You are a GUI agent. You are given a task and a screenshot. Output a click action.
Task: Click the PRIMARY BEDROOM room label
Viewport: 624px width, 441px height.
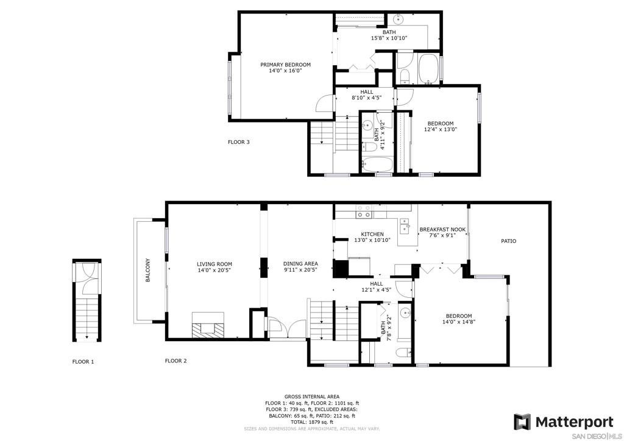285,65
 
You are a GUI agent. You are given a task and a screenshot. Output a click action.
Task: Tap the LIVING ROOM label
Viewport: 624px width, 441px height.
214,264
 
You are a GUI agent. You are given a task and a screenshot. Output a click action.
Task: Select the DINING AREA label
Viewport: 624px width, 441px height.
300,264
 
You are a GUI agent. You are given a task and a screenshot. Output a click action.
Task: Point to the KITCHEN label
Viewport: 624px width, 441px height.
372,235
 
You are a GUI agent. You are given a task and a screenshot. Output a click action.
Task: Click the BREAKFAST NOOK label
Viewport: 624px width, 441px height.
442,230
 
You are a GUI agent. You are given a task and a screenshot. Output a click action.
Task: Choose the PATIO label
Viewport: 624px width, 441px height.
509,241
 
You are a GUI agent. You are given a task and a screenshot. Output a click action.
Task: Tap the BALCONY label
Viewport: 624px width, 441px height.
147,270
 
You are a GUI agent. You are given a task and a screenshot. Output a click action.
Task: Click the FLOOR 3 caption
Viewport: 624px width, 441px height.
239,142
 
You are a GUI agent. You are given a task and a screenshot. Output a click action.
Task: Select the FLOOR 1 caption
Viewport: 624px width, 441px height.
83,362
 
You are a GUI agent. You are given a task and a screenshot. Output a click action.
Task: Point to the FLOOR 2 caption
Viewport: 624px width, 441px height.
176,361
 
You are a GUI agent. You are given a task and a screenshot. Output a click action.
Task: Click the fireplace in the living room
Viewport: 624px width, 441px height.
208,325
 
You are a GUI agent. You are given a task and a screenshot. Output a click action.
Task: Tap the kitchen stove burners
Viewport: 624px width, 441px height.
364,211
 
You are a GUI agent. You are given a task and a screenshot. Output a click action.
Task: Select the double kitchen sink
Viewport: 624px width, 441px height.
405,226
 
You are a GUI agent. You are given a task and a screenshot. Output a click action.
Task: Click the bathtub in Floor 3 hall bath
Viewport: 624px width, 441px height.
377,164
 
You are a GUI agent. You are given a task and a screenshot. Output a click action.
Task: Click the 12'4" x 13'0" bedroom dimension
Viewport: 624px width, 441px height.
441,129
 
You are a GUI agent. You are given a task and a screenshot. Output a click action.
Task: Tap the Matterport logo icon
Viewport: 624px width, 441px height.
522,422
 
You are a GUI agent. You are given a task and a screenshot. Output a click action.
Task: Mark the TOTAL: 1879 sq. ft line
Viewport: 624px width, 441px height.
312,422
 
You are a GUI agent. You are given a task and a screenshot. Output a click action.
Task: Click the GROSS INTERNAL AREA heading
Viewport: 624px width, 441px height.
312,397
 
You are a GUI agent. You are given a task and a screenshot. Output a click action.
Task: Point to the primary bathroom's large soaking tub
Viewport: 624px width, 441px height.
428,69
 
